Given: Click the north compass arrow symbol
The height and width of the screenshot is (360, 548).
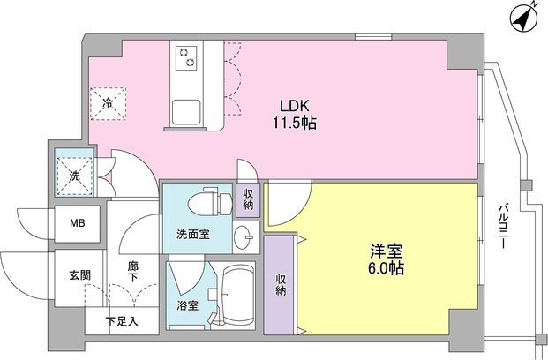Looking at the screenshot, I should [x=522, y=18].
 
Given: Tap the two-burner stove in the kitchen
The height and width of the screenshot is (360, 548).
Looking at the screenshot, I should [x=186, y=58].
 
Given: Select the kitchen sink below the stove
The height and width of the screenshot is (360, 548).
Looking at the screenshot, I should [x=187, y=113].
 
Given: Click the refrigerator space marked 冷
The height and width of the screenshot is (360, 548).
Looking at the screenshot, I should [x=108, y=104].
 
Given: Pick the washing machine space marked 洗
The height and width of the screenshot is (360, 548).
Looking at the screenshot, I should [x=73, y=175].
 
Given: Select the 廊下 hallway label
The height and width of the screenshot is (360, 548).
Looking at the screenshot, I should [x=132, y=271].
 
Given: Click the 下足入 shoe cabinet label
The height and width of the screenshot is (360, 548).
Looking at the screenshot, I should [x=122, y=321].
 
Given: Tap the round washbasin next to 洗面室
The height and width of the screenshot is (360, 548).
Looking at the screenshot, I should [x=244, y=236].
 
